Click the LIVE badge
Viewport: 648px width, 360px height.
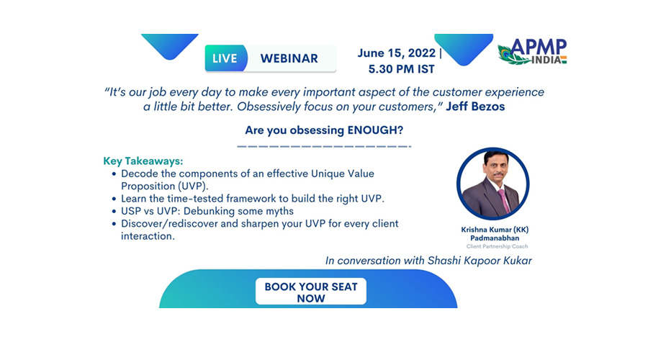point(225,58)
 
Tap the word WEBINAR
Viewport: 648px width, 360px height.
point(289,59)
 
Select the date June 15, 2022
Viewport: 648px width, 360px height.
point(396,53)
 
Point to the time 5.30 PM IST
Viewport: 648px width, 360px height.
point(401,69)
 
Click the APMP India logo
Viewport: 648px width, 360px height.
point(532,52)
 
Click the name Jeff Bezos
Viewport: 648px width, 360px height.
point(475,107)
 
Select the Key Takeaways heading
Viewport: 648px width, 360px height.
point(143,161)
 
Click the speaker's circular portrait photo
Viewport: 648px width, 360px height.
point(492,184)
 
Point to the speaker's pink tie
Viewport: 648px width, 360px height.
point(503,200)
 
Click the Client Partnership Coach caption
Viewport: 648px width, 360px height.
point(497,246)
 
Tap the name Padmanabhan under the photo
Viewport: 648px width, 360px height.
point(495,238)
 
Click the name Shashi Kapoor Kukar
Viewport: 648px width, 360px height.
point(480,261)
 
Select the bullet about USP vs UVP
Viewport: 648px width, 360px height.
point(207,211)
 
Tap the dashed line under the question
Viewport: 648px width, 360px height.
point(324,146)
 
